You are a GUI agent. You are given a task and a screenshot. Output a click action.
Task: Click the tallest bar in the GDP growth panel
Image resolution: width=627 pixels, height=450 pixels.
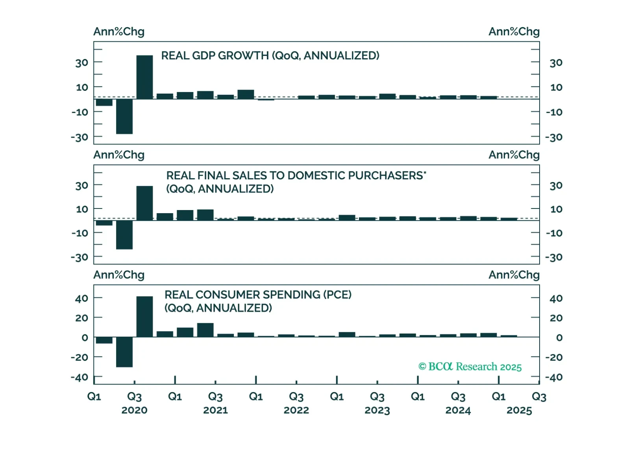click(144, 77)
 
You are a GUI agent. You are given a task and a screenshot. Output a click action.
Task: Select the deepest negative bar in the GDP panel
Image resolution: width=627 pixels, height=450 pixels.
click(124, 116)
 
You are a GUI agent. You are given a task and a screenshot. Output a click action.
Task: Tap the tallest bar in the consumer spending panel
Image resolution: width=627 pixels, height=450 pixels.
click(144, 317)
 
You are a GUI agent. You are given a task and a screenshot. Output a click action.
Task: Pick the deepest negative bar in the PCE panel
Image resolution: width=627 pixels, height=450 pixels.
click(124, 352)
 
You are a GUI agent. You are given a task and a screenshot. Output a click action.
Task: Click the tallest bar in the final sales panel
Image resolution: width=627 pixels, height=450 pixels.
click(144, 203)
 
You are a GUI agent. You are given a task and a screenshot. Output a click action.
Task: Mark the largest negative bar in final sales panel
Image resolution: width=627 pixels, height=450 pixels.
click(124, 235)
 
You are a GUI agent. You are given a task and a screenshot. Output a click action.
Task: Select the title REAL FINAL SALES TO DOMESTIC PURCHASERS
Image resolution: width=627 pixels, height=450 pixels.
click(296, 175)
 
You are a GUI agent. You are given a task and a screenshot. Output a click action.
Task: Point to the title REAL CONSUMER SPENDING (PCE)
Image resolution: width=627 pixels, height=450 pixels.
click(258, 295)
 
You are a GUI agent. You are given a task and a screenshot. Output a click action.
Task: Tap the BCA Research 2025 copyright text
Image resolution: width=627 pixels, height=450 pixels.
click(470, 367)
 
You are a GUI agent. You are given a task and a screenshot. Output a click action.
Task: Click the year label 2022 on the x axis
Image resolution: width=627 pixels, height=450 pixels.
click(296, 410)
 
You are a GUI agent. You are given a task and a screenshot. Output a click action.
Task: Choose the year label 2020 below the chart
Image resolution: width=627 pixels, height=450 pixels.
click(135, 410)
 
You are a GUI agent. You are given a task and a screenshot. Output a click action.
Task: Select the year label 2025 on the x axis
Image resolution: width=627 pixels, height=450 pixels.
click(519, 410)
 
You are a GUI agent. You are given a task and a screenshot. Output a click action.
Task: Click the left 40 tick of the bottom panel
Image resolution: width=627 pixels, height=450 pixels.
click(81, 299)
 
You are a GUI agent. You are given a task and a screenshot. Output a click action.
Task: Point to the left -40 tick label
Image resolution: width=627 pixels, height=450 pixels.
click(80, 378)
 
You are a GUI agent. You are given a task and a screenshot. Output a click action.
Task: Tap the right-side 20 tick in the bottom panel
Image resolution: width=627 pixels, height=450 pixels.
click(556, 318)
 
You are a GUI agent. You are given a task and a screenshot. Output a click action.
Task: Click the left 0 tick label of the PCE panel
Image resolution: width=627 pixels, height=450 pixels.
click(85, 337)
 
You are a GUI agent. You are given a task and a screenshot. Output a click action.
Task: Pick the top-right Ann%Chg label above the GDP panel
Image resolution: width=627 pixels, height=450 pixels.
click(514, 31)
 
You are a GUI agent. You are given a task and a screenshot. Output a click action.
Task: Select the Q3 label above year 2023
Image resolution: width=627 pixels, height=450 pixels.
click(377, 397)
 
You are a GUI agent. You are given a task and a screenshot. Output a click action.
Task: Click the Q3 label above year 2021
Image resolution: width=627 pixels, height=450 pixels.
click(215, 397)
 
